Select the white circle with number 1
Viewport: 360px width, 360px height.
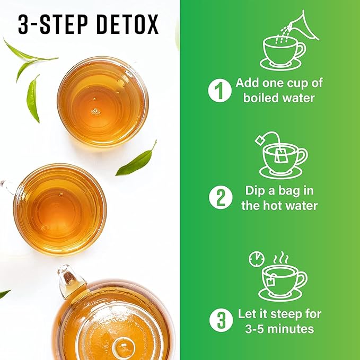[217, 91]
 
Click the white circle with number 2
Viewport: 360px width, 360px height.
[217, 198]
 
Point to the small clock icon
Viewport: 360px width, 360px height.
[256, 259]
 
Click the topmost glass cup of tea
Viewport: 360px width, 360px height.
[102, 102]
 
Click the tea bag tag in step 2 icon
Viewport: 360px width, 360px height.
[261, 139]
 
